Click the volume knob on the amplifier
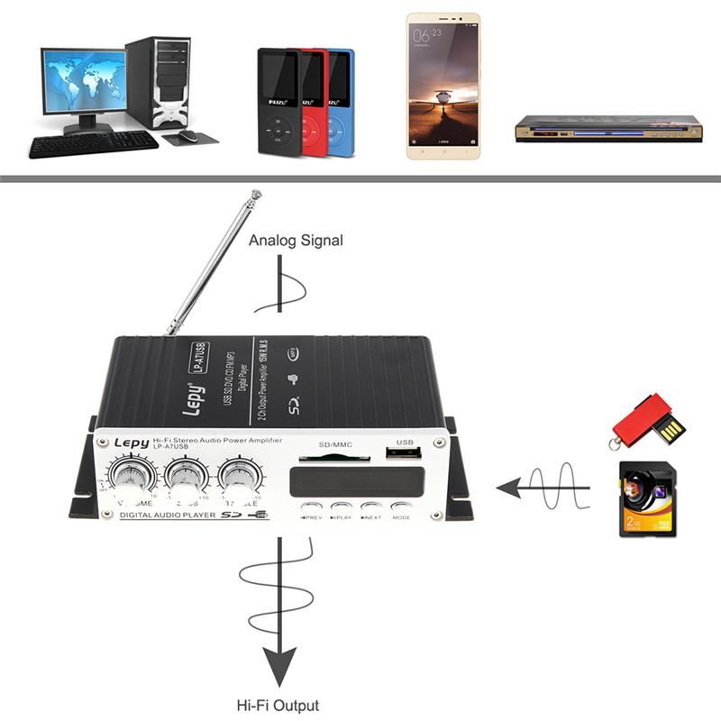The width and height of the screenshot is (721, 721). pyautogui.click(x=125, y=476)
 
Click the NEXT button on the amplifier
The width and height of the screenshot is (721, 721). pyautogui.click(x=371, y=508)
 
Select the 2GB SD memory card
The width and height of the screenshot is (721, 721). pyautogui.click(x=647, y=500)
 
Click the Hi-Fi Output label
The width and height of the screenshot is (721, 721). pyautogui.click(x=278, y=706)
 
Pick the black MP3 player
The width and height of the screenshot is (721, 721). pyautogui.click(x=279, y=101)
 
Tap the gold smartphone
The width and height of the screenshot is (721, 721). pyautogui.click(x=443, y=87)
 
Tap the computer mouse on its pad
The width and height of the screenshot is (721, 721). pyautogui.click(x=187, y=135)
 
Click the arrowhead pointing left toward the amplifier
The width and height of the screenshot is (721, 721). pyautogui.click(x=511, y=488)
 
